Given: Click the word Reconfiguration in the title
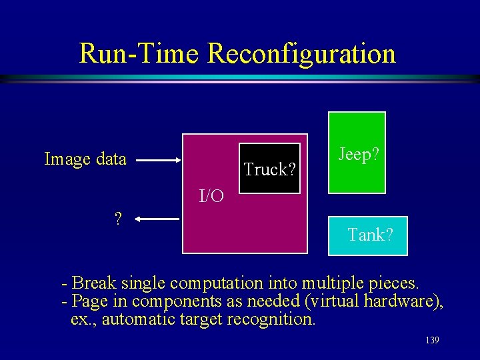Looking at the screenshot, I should [x=301, y=53].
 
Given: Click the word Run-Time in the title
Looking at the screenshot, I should [x=139, y=53].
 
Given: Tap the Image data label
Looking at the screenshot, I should [x=85, y=159].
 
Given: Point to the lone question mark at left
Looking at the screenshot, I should [x=117, y=219].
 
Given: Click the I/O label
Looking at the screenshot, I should [x=211, y=196].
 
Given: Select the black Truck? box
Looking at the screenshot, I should [x=270, y=169].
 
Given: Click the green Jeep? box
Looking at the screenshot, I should [x=357, y=153].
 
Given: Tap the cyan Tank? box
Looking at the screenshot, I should [x=368, y=235].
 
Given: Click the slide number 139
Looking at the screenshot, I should [x=431, y=341].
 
